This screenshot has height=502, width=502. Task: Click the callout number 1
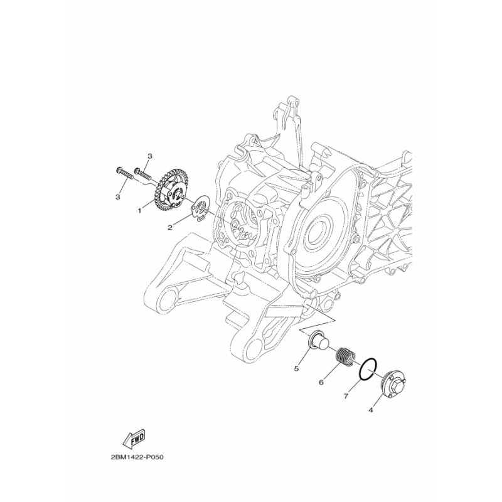pos(139,211)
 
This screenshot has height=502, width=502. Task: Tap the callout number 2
pos(170,227)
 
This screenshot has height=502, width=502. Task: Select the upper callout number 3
pos(150,156)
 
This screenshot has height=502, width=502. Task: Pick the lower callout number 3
pos(118,196)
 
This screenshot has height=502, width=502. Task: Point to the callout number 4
pos(371,410)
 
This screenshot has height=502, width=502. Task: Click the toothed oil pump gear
pos(169,191)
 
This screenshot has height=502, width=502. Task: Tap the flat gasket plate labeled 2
pos(199,209)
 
